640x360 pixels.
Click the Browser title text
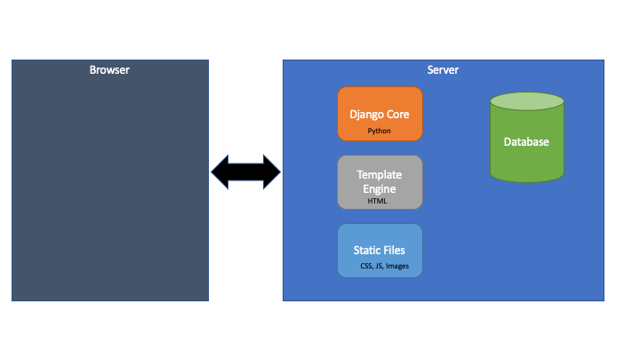[109, 70]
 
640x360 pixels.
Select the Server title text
[443, 70]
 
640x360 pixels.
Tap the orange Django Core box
[380, 114]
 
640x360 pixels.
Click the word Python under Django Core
[379, 131]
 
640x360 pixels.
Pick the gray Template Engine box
[380, 182]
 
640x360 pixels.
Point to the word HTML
[377, 201]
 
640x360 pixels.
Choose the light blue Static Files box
[380, 251]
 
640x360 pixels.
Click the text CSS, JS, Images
[385, 266]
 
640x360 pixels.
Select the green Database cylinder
[527, 138]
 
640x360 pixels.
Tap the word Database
[526, 141]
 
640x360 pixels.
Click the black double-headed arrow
[245, 172]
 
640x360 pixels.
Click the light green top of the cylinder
[527, 101]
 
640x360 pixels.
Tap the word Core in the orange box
[398, 115]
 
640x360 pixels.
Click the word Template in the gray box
[380, 175]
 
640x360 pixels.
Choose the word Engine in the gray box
[380, 189]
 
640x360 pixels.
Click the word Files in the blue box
[394, 250]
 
